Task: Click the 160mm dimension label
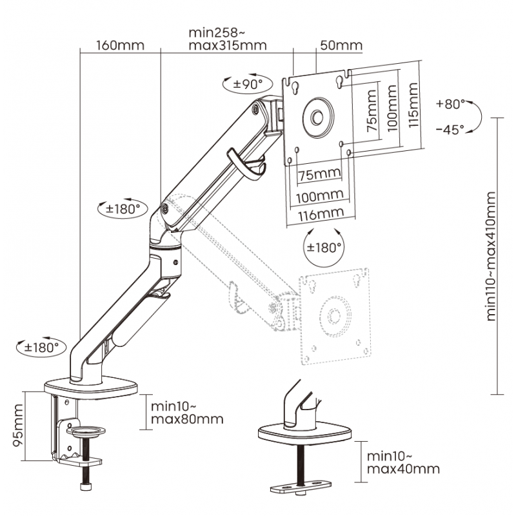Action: pos(120,46)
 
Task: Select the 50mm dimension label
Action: pos(341,46)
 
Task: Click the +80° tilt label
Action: pos(450,103)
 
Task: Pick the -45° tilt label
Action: pos(450,129)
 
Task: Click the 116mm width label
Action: pos(321,213)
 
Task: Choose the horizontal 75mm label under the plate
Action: pos(319,174)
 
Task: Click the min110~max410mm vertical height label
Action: pos(492,255)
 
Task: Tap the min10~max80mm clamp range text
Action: pos(186,413)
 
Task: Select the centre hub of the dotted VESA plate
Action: pos(334,315)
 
